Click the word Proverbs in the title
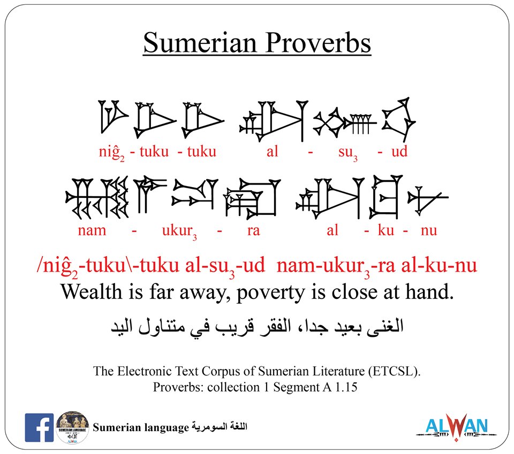(313, 43)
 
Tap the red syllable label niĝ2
(111, 152)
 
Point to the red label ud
(399, 152)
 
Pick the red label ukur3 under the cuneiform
(184, 232)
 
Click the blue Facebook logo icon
(39, 427)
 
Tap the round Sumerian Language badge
(72, 427)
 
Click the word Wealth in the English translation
(90, 291)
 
